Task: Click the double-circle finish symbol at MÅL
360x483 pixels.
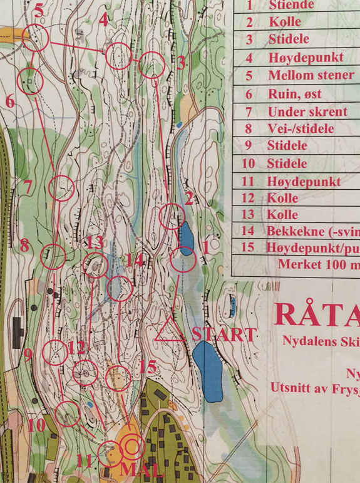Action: [x=132, y=447]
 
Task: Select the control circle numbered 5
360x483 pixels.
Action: [x=35, y=39]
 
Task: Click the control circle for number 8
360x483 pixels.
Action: [x=54, y=256]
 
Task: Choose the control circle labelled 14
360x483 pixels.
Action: [x=120, y=289]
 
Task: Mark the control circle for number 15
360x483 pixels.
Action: [x=117, y=378]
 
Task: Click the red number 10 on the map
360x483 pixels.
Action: [x=36, y=425]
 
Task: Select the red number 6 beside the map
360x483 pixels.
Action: [x=10, y=100]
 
